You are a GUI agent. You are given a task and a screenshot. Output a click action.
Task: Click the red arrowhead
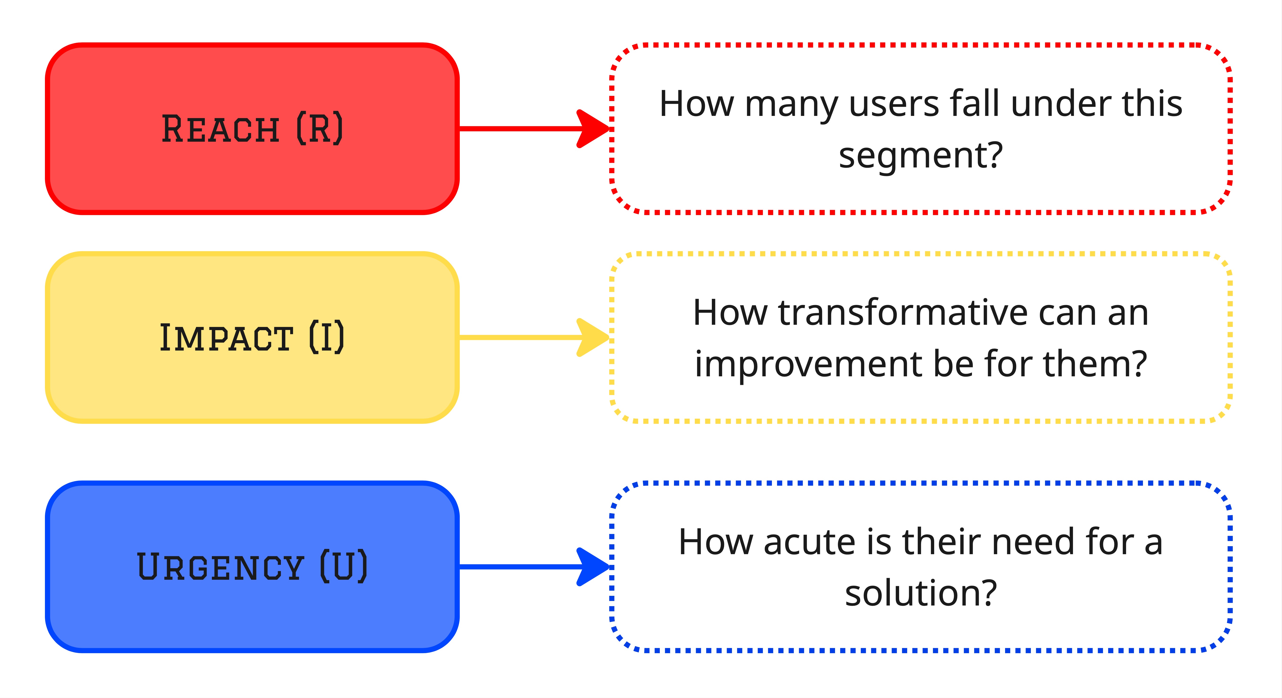click(592, 129)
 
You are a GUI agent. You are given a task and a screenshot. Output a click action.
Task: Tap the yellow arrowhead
click(592, 338)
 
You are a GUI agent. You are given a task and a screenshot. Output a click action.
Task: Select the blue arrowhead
click(592, 567)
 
